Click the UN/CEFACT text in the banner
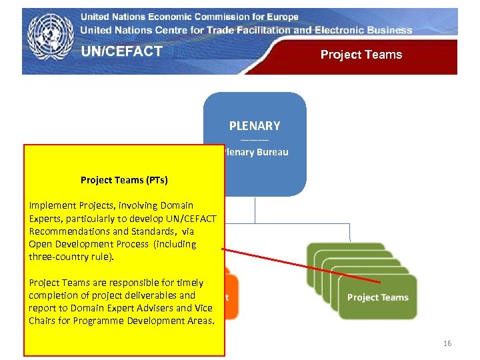(x=122, y=52)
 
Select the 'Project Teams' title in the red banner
(x=361, y=55)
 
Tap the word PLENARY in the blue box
(x=255, y=125)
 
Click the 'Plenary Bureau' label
(x=257, y=152)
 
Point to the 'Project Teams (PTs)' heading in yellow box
(x=124, y=180)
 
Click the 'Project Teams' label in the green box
(x=377, y=297)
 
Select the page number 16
(x=447, y=343)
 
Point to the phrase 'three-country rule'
(x=71, y=257)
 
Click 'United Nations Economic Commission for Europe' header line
(x=189, y=17)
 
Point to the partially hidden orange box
(x=227, y=293)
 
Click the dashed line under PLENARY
(x=255, y=140)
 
